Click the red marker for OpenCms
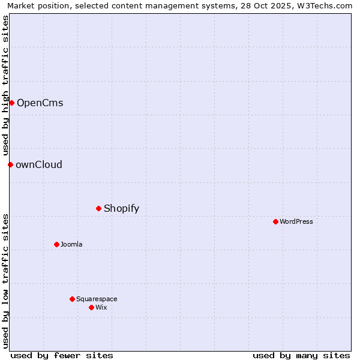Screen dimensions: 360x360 [11, 103]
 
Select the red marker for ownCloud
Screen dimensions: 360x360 [10, 164]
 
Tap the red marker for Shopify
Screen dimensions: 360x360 [99, 208]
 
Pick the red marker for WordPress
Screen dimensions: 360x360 [275, 221]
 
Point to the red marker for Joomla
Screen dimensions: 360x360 [56, 244]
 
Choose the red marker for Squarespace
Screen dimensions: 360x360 [72, 299]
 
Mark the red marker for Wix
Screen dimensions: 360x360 [91, 307]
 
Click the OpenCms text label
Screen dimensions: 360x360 [40, 103]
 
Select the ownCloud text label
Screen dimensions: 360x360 [39, 164]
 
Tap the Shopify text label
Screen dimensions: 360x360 [121, 208]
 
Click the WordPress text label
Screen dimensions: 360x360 [296, 221]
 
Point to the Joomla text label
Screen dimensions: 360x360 [71, 244]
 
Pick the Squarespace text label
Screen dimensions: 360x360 [97, 299]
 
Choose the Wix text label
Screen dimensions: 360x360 [101, 307]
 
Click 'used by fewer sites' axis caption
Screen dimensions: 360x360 [62, 355]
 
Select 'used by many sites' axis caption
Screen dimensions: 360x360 [301, 355]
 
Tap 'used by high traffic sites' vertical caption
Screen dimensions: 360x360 [5, 85]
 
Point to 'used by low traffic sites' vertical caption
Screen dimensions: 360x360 [5, 281]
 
